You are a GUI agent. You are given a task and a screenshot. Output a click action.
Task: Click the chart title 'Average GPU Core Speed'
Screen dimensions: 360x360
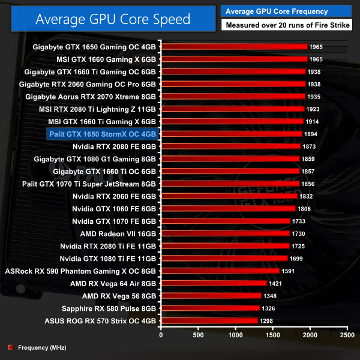pyautogui.click(x=113, y=19)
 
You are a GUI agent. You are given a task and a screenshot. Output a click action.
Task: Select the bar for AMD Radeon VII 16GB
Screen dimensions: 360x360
pyautogui.click(x=225, y=233)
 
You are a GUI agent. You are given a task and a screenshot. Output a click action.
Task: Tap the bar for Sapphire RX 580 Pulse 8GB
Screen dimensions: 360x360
pyautogui.click(x=210, y=308)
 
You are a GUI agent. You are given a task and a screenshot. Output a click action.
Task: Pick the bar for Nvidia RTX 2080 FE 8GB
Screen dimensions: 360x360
pyautogui.click(x=230, y=146)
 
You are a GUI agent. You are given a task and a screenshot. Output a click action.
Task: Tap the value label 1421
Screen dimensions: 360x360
pyautogui.click(x=276, y=283)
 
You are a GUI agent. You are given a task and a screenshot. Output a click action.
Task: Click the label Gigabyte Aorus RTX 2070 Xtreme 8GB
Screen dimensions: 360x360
pyautogui.click(x=91, y=96)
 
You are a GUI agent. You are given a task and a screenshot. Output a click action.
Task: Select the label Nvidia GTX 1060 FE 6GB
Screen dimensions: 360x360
pyautogui.click(x=114, y=209)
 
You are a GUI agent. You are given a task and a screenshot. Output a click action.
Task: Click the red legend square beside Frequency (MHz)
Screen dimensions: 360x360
pyautogui.click(x=10, y=347)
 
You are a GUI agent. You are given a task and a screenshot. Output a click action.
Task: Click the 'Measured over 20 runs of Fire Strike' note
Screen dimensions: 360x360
pyautogui.click(x=287, y=25)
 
